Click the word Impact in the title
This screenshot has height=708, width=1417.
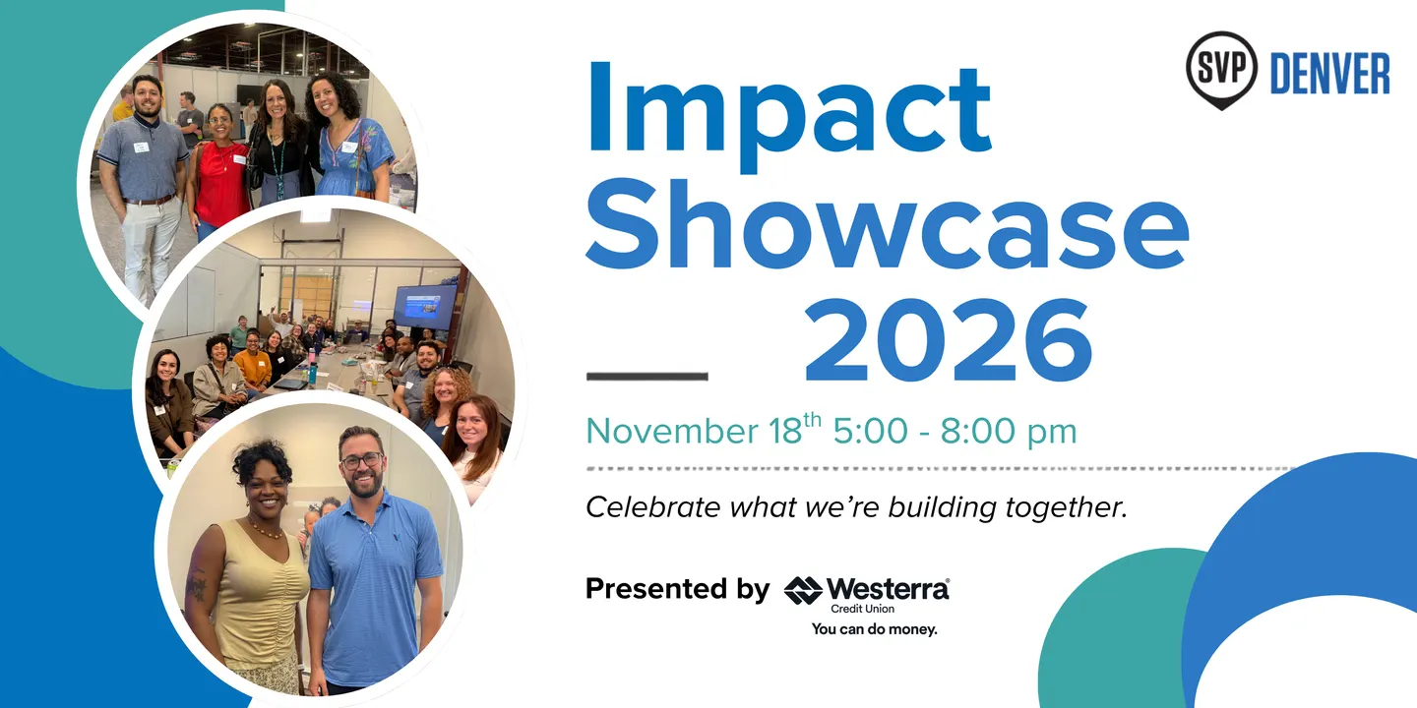coord(789,117)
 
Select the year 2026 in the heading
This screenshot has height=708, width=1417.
coord(948,340)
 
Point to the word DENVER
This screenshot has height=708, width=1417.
coord(1329,74)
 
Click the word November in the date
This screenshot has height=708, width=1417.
coord(672,431)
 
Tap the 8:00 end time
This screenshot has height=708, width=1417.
coord(978,431)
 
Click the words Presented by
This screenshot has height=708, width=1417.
coord(677,589)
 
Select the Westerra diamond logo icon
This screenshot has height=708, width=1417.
coord(803,590)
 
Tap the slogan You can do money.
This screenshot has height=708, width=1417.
coord(874,629)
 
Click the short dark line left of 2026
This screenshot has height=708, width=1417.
coord(647,376)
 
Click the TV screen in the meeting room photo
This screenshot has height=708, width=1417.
coord(425,307)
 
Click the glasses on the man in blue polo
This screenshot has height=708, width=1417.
coord(360,460)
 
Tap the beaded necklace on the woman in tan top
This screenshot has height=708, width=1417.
coord(265,530)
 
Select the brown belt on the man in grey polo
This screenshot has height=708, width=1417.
coord(150,201)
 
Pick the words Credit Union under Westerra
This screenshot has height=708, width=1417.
coord(862,609)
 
